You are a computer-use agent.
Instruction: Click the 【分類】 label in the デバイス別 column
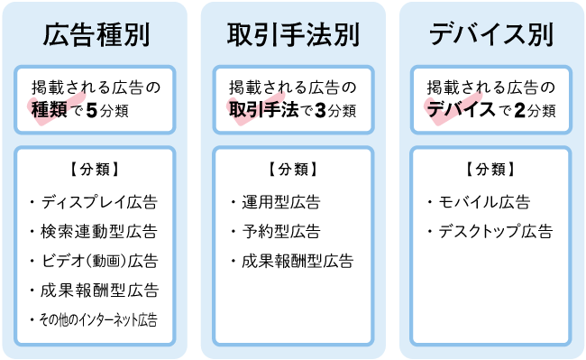[x=490, y=169]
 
